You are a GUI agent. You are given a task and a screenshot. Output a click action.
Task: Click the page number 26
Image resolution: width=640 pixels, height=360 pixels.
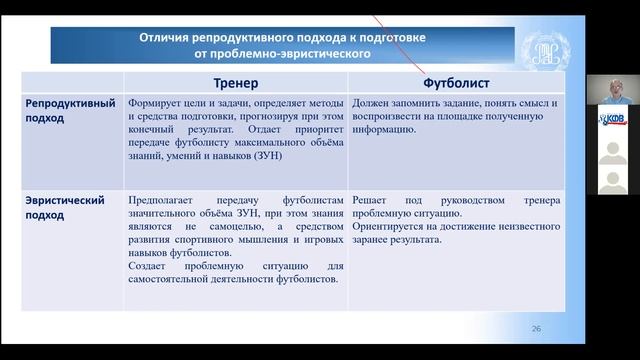[536, 329]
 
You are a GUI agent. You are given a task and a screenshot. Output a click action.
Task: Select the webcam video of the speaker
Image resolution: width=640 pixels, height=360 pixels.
[611, 91]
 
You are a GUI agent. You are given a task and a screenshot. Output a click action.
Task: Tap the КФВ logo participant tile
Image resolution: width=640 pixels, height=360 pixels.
[611, 120]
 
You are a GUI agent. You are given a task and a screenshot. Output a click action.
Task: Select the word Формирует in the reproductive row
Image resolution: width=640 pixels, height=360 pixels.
[157, 102]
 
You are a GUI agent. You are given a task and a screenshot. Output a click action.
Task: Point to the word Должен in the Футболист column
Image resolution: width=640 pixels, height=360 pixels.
[372, 102]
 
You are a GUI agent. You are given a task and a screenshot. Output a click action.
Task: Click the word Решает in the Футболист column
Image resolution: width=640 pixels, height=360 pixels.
[371, 200]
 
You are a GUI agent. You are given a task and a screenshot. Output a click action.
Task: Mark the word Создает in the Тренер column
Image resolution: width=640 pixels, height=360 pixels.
[149, 265]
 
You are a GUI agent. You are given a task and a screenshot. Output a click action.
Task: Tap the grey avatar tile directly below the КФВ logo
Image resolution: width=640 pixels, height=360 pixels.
[611, 150]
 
